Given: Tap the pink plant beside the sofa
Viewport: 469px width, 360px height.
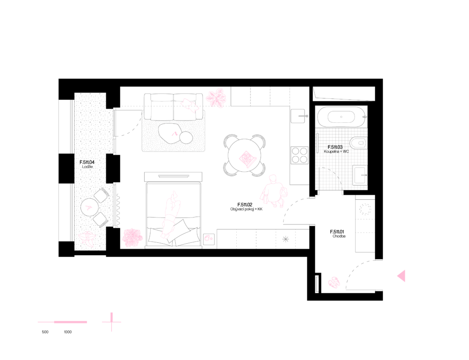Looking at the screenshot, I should tap(216, 98).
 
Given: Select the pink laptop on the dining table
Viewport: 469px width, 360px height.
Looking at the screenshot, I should tap(247, 158).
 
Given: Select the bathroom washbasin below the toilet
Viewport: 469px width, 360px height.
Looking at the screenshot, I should tap(360, 175).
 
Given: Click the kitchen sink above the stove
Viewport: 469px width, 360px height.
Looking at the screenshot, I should tap(298, 115).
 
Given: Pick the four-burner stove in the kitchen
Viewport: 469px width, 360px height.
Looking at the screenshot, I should tap(300, 155).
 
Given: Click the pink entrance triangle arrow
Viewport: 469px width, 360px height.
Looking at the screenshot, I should tap(401, 276).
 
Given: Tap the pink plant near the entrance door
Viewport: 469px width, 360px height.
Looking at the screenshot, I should tap(334, 283).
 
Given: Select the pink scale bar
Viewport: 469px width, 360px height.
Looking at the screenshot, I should tap(63, 322).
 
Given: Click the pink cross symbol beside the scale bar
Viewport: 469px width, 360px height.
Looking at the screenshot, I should tap(111, 322).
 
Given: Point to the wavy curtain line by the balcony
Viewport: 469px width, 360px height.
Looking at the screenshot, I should tap(118, 210).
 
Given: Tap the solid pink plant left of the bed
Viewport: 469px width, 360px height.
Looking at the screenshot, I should tap(132, 238).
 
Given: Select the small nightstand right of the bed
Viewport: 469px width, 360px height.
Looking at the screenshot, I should tap(208, 239).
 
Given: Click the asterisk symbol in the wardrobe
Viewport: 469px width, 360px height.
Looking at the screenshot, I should tap(286, 239).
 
